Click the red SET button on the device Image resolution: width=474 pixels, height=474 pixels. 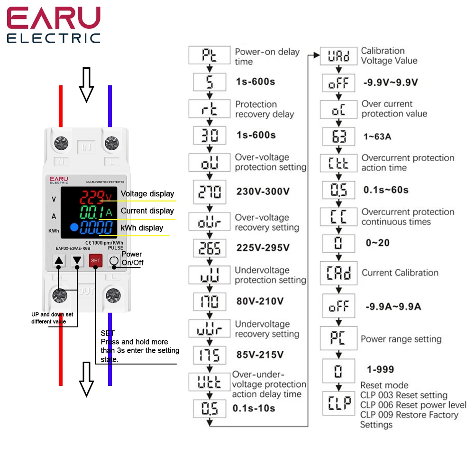tap(96, 261)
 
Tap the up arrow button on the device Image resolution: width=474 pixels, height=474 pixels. tap(59, 260)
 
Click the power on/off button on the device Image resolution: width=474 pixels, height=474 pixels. tap(114, 261)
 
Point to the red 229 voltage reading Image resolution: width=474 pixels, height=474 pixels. tap(92, 197)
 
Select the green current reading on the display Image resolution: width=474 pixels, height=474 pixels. tap(92, 212)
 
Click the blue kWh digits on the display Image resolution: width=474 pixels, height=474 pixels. tap(96, 228)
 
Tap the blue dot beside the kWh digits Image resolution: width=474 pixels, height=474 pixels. tap(74, 227)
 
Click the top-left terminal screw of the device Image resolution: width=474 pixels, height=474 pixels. tap(61, 143)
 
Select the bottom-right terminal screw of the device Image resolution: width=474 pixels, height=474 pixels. tap(113, 295)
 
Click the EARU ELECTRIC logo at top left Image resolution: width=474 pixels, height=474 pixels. tap(54, 26)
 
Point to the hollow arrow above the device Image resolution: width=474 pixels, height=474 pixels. tap(86, 85)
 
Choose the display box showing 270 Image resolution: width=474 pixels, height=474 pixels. tap(210, 191)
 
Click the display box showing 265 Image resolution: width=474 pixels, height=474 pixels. tap(210, 248)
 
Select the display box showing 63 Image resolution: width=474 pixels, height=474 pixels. tap(338, 137)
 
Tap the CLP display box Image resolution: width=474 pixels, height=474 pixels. tap(338, 403)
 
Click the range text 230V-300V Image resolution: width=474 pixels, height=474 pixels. tap(263, 191)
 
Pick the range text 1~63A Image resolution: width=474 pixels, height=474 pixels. tap(377, 137)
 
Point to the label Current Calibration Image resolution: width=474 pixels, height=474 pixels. tap(400, 273)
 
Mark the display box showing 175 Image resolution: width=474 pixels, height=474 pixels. tap(210, 355)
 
